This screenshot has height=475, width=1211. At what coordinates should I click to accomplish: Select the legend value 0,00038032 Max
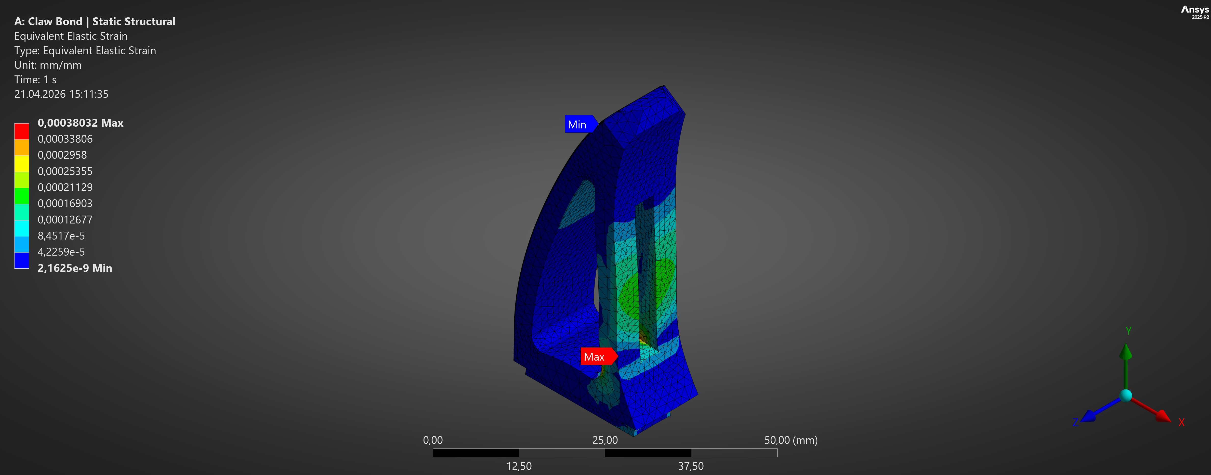click(x=80, y=123)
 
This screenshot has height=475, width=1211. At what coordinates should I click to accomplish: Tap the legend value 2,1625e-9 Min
click(x=75, y=268)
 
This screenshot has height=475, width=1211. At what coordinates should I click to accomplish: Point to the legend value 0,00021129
click(x=65, y=187)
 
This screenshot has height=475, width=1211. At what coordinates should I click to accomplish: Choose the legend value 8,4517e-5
click(x=61, y=236)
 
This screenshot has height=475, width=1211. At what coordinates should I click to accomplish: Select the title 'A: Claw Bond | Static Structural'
click(x=95, y=21)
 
